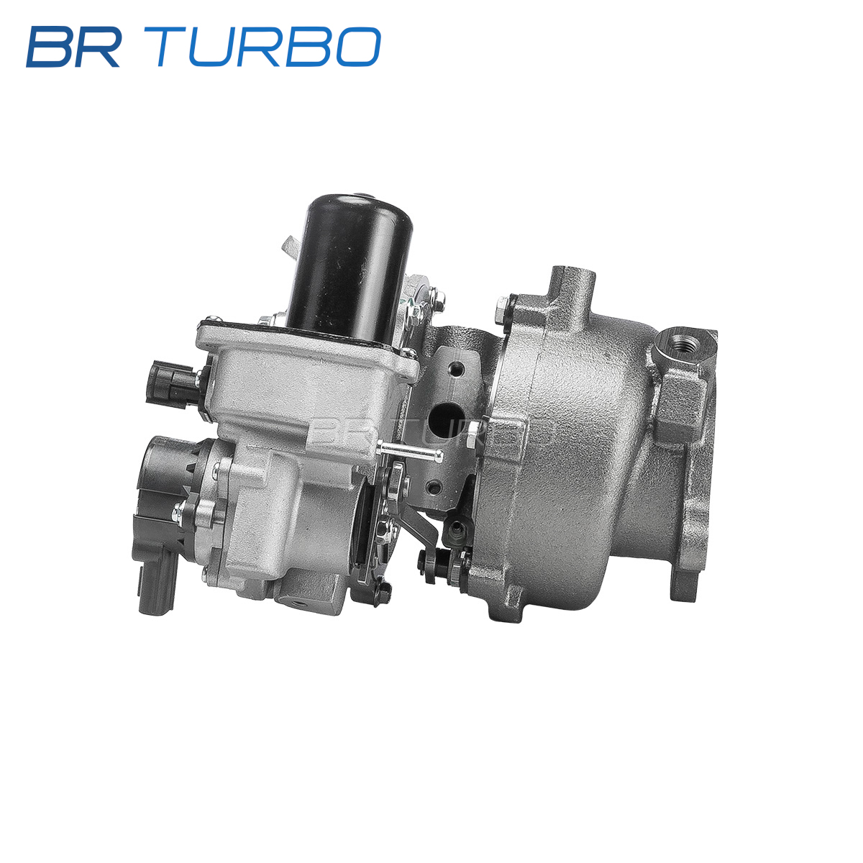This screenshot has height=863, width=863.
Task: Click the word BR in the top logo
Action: pyautogui.click(x=74, y=47)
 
